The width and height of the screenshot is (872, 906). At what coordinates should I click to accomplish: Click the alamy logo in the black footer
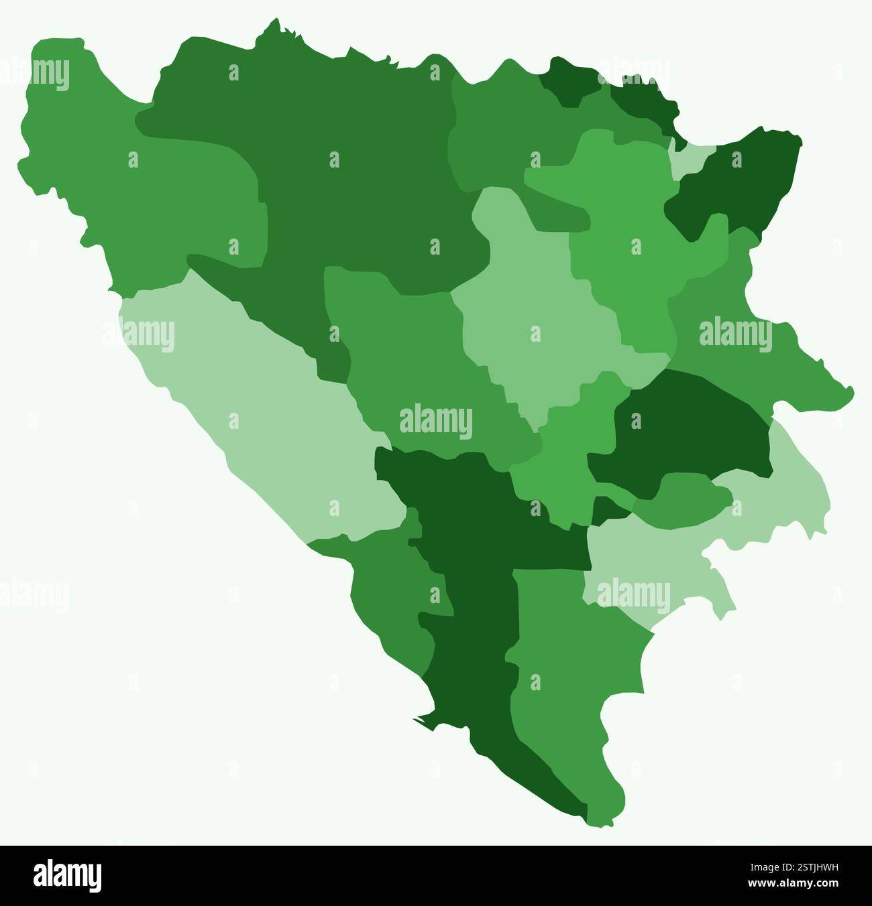67,876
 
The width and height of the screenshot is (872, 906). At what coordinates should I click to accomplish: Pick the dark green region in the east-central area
691,429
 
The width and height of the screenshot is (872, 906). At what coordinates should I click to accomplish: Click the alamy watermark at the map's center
436,422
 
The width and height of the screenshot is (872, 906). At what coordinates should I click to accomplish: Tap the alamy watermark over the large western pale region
139,334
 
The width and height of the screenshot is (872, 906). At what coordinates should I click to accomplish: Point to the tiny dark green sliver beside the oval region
608,511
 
